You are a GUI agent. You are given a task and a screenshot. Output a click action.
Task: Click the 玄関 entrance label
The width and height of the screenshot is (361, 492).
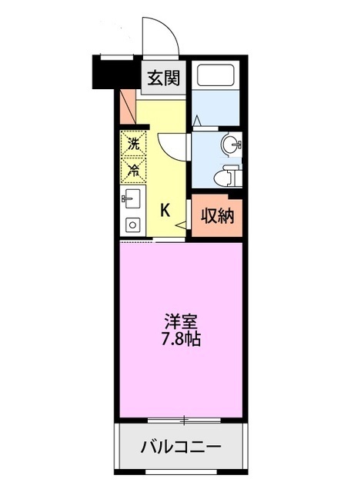(x=163, y=78)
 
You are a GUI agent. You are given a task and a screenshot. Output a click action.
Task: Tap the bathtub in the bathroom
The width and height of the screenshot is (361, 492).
(x=216, y=75)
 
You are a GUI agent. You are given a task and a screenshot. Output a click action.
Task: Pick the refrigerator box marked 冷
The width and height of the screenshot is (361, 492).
(x=133, y=169)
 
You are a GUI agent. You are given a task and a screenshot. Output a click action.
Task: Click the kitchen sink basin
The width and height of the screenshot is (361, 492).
(x=132, y=198)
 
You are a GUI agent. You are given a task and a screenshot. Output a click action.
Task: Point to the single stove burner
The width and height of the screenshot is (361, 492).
(x=133, y=225)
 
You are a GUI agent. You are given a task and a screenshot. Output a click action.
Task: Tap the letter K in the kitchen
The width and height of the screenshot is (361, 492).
(x=165, y=210)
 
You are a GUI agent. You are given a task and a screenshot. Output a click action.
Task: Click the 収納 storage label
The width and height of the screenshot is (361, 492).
(x=217, y=216)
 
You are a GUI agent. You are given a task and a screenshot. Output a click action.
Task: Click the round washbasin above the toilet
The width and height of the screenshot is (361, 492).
(x=231, y=145)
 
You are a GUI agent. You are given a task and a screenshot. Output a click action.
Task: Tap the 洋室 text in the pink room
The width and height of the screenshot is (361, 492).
(x=181, y=322)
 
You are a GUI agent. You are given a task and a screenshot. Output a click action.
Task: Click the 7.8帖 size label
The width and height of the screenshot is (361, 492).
(x=181, y=338)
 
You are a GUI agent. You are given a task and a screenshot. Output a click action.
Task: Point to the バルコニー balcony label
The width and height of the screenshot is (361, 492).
(x=181, y=447)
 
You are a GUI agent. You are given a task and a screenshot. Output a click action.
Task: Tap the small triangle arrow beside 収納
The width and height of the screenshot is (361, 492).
(x=181, y=225)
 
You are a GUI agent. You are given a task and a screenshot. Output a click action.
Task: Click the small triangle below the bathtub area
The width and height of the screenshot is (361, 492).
(x=197, y=120)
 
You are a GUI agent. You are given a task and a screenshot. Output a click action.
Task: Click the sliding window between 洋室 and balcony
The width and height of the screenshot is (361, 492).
(x=184, y=421)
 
